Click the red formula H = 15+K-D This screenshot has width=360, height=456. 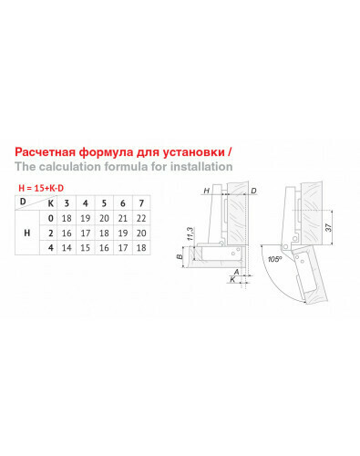point(41,188)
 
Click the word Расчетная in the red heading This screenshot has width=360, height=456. point(46,152)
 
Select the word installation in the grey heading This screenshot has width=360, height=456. point(201,167)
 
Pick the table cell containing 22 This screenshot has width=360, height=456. point(141,218)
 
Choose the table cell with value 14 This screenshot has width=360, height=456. point(67,248)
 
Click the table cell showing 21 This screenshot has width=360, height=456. point(123,218)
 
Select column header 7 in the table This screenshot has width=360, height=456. point(141,203)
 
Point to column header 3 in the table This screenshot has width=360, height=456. point(67,203)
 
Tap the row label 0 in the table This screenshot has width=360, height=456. point(51,218)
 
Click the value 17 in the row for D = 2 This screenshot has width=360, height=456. point(86,233)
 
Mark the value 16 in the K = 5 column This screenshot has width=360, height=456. point(104,248)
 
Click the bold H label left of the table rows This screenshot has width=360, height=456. point(27,233)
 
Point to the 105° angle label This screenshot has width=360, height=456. point(274,259)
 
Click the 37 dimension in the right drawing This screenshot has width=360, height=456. point(328,227)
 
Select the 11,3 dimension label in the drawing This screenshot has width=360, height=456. point(190,233)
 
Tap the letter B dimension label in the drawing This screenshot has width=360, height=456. point(180,257)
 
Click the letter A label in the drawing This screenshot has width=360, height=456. point(236,272)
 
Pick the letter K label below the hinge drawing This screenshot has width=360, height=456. point(232,279)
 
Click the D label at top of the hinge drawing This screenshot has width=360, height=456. point(253,191)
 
